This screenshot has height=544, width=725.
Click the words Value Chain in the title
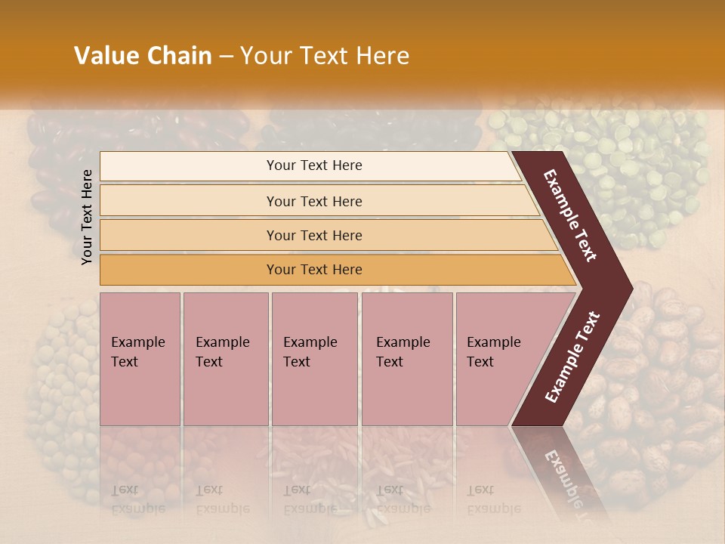(143, 56)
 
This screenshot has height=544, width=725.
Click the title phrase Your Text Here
(325, 56)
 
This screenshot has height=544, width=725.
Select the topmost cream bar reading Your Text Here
(313, 165)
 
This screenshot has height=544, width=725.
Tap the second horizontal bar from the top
(313, 201)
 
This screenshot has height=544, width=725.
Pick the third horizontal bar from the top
(313, 235)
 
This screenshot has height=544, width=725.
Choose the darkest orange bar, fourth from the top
(313, 270)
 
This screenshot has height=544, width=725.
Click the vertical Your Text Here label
(87, 217)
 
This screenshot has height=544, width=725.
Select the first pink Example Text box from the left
(140, 358)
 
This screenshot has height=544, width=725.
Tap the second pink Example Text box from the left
(225, 358)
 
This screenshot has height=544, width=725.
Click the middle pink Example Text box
(314, 358)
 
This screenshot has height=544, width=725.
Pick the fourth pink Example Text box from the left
(406, 358)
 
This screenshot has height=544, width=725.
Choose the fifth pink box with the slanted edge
(498, 358)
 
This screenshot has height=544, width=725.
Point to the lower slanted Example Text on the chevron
(572, 357)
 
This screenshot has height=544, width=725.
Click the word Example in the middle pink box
(310, 342)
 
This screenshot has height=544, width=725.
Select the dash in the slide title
(226, 57)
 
